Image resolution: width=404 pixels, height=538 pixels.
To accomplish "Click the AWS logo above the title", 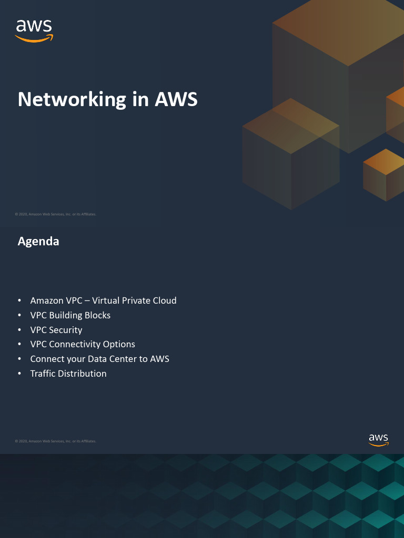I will point(34,30).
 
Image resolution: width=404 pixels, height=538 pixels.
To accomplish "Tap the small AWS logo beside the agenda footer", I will point(378,440).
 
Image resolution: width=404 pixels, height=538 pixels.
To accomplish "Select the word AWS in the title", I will point(176,99).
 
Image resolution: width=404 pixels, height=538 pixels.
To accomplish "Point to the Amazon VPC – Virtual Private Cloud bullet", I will point(103,301).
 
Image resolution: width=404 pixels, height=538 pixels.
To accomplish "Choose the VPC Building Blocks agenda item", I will point(70,315).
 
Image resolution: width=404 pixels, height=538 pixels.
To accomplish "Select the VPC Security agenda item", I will point(56,330).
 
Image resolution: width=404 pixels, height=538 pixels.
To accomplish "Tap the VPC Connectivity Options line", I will point(83,344).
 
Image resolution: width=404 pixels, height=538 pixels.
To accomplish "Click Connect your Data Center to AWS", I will point(99,359).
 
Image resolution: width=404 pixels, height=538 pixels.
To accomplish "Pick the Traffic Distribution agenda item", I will point(68,374).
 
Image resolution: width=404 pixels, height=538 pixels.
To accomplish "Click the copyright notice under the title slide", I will point(55,214).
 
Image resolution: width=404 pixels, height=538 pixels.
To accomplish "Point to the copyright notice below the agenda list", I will point(55,441).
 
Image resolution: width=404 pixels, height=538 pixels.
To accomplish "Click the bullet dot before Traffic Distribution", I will point(19,374).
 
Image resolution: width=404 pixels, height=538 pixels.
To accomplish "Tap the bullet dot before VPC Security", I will point(19,330).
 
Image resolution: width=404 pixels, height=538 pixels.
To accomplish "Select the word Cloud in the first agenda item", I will point(164,301).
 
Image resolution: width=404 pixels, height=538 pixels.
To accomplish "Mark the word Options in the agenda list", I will point(119,344).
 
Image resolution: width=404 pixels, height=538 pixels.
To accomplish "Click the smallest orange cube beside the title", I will point(384,174).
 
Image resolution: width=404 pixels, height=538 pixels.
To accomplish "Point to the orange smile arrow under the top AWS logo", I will point(34,39).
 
